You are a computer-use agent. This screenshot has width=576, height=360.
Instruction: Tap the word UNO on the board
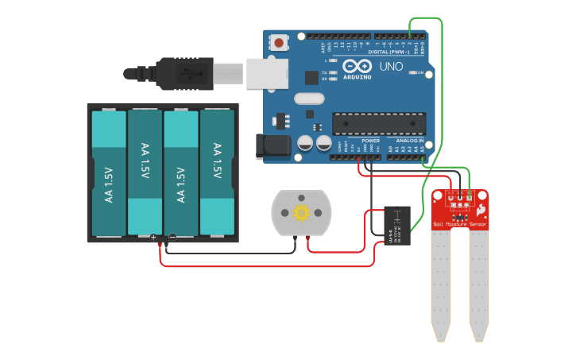click(392, 67)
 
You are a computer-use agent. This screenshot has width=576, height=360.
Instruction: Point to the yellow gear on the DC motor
click(301, 213)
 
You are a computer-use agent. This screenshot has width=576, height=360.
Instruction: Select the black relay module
click(397, 226)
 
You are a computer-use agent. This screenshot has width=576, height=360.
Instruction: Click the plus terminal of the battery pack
click(153, 238)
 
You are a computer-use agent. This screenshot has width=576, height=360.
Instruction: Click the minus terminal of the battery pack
click(172, 238)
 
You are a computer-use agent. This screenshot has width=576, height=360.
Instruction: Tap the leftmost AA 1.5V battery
click(109, 173)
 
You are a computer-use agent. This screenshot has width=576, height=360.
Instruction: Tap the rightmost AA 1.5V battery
click(217, 173)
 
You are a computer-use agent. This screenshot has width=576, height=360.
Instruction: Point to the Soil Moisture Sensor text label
click(460, 225)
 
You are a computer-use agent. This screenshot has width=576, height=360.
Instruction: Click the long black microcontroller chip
click(378, 123)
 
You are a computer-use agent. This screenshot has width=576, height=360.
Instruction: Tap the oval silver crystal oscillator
click(309, 99)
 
